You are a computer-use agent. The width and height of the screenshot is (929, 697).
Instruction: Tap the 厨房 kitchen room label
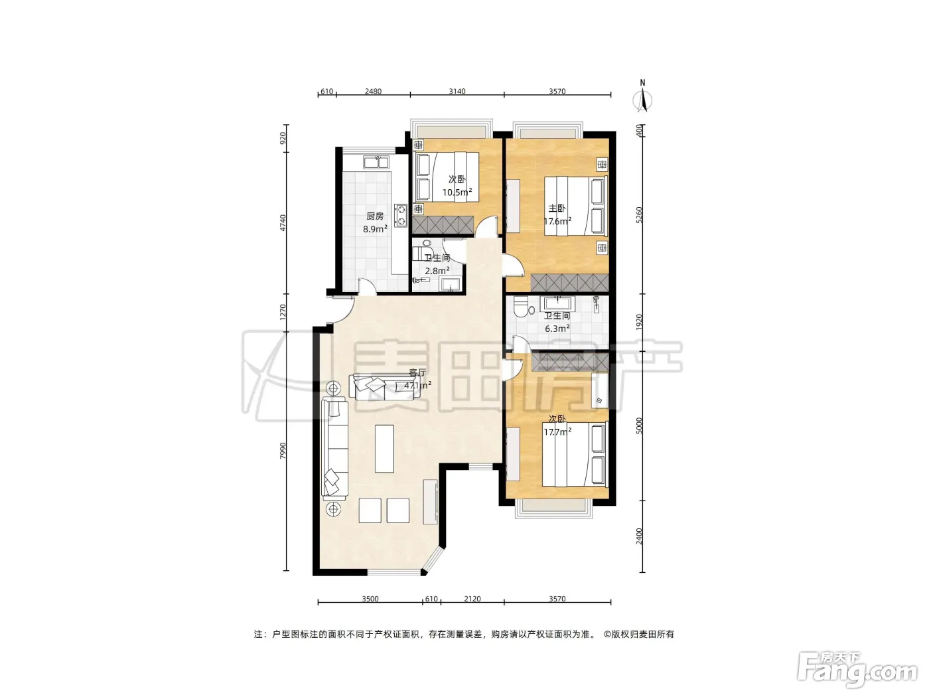coord(375,216)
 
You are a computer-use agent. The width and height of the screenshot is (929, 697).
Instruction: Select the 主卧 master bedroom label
coord(557,208)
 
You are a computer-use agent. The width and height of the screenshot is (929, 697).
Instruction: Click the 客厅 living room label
coord(417,373)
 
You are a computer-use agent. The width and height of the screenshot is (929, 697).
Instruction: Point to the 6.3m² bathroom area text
coord(557,329)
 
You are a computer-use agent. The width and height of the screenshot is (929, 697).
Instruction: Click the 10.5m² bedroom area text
coord(457,193)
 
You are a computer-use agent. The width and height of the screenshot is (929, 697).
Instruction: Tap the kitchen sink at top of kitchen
coord(376,162)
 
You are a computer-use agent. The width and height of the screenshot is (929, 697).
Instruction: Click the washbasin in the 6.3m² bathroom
coord(558,304)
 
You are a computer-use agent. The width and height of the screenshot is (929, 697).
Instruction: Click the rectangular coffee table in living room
coord(384,449)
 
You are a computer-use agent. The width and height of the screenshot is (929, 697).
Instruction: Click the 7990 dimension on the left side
coord(283,451)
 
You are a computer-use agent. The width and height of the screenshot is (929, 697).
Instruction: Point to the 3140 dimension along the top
coord(457,91)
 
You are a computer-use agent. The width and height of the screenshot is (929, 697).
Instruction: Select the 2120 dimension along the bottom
coord(472,599)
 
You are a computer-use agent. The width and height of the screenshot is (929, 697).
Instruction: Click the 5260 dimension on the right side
coord(639,215)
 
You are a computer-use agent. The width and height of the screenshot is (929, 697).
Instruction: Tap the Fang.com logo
coord(857,669)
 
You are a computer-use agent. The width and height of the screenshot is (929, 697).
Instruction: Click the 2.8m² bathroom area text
coord(437,271)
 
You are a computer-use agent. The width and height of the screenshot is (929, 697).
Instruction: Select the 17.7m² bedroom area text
coord(557,432)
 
